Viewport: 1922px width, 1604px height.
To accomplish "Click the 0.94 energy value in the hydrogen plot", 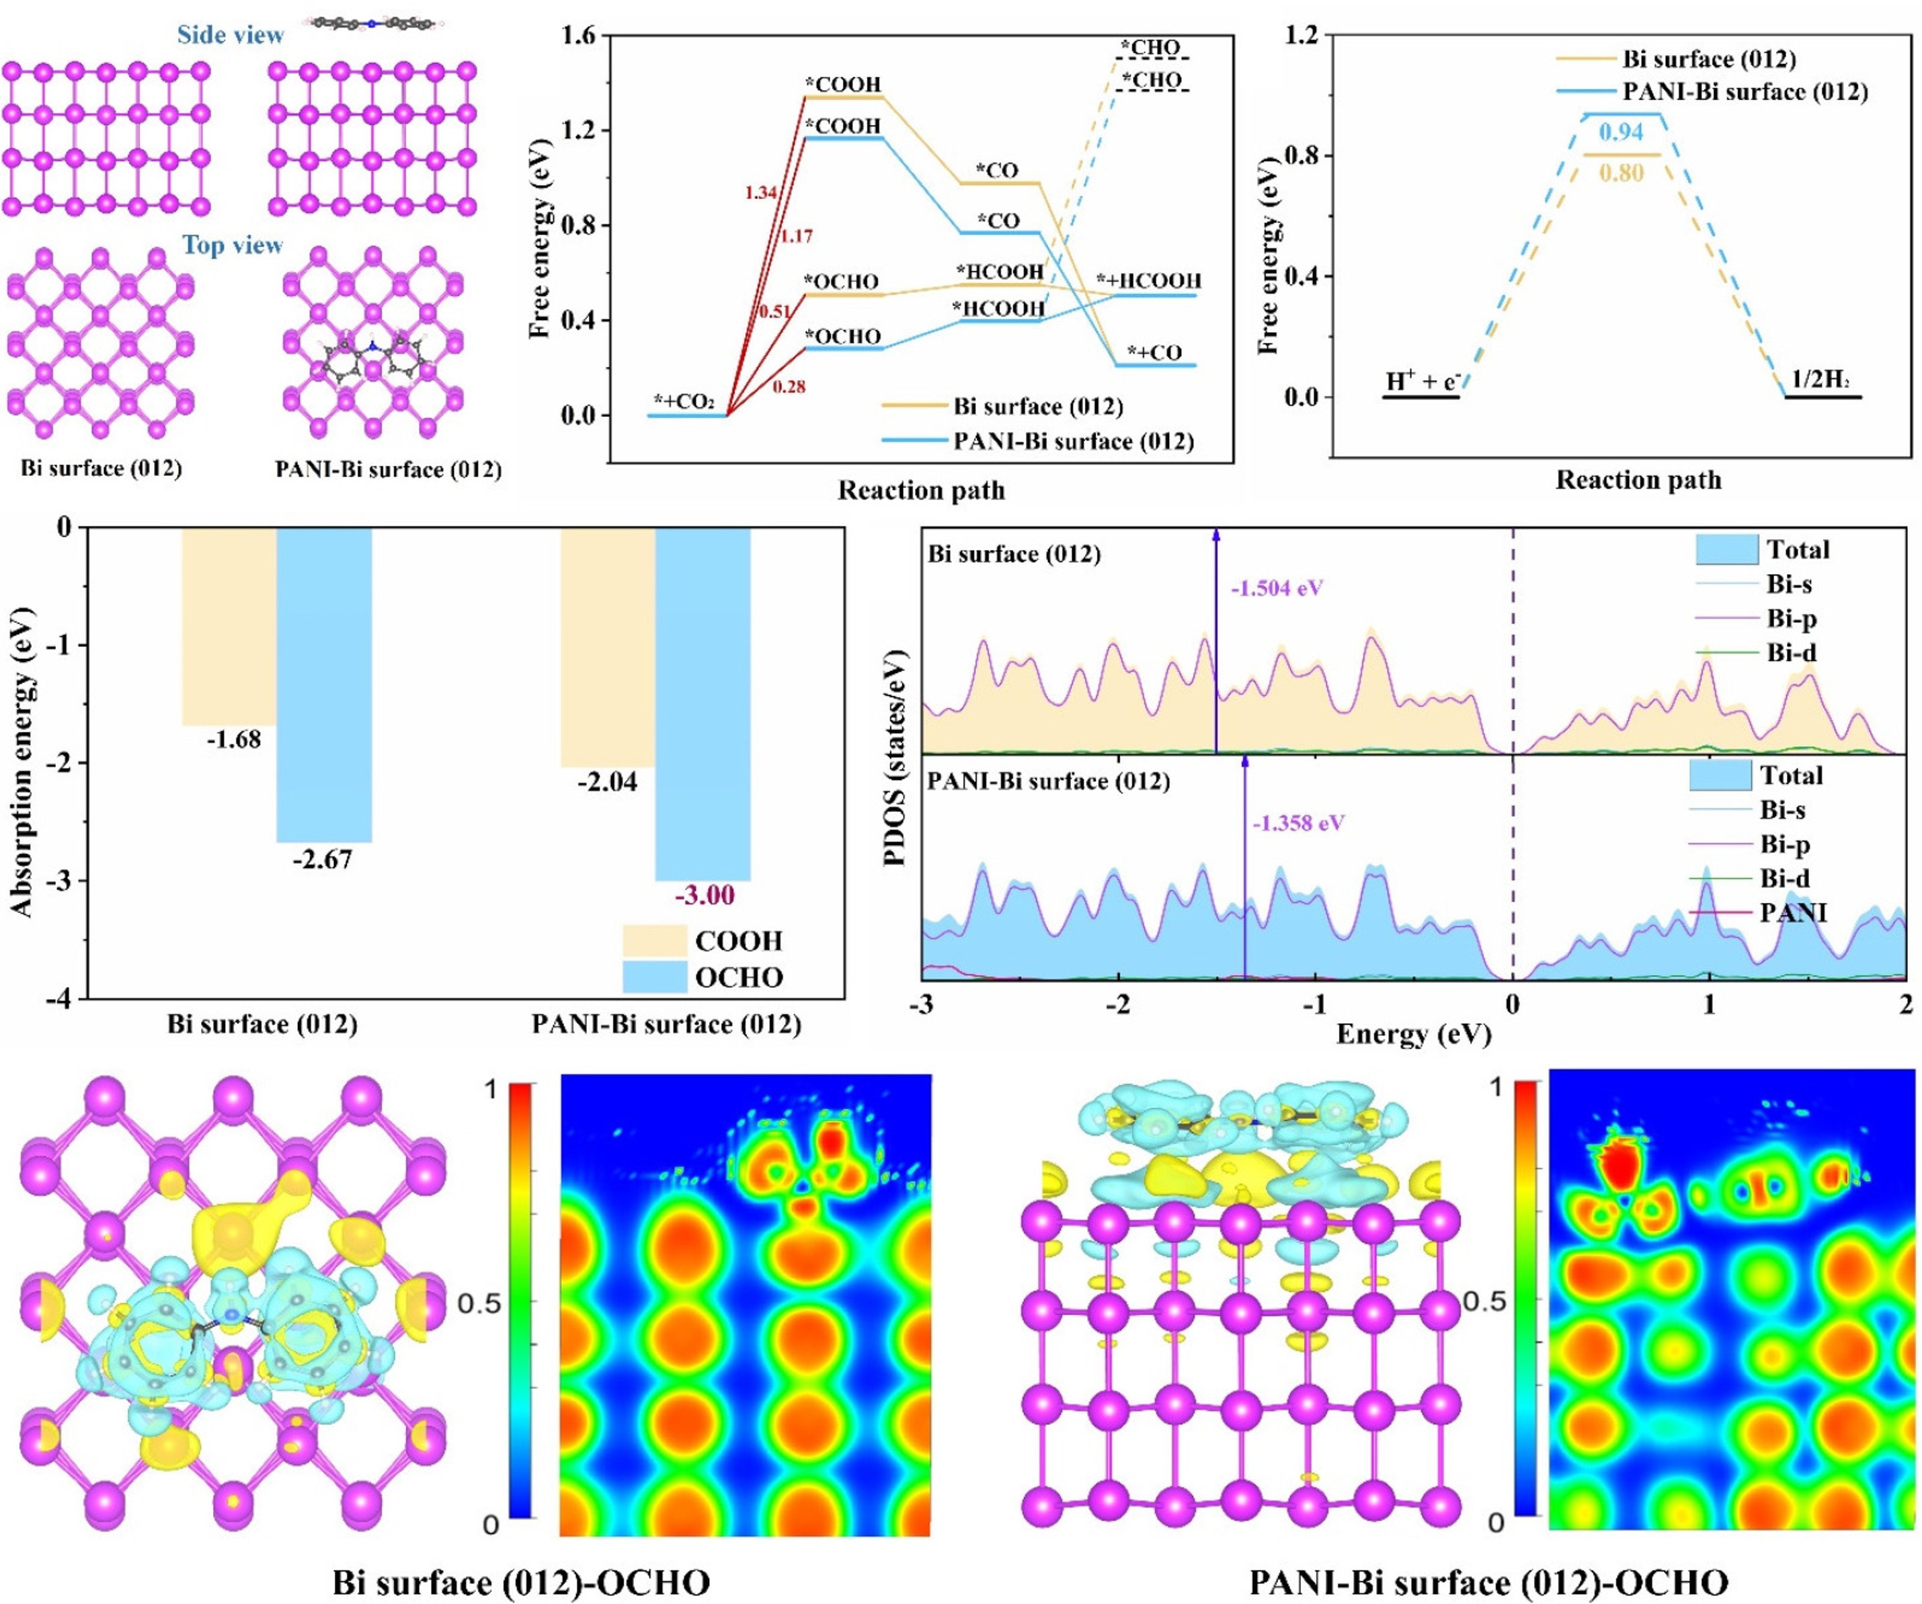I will point(1621,132).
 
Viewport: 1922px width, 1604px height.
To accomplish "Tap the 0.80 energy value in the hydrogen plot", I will point(1621,173).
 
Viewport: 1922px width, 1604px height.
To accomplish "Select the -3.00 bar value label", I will point(704,895).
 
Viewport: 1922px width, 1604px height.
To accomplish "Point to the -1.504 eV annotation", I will point(1277,588).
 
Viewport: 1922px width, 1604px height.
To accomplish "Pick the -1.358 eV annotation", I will point(1299,823).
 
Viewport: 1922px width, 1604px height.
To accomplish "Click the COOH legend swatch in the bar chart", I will point(654,940).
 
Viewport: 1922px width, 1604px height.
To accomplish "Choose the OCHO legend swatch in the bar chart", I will point(654,976).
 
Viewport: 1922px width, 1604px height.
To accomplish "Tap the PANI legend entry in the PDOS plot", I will point(1792,912).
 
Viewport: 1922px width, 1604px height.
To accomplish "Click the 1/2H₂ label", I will point(1820,378).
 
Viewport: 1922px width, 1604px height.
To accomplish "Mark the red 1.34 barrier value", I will point(760,192).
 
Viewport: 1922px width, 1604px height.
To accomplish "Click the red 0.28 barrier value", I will point(789,387).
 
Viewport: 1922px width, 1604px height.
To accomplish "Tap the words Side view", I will point(231,35).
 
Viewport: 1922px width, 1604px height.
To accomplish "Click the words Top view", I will point(233,245).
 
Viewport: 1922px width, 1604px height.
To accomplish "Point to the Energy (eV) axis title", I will point(1413,1034).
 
